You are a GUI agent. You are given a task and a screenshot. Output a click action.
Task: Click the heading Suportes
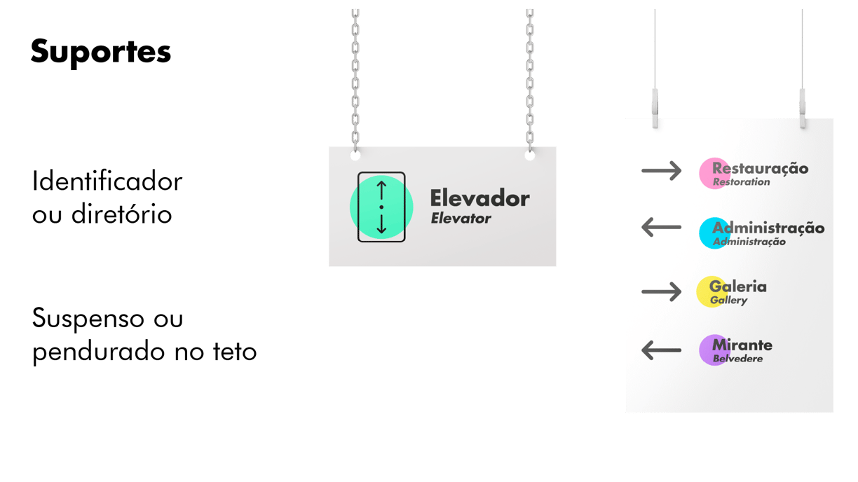(101, 53)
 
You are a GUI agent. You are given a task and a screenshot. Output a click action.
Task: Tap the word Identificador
(107, 182)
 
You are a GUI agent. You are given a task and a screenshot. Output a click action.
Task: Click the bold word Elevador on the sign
(479, 198)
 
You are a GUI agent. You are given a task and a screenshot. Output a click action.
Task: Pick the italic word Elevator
(461, 219)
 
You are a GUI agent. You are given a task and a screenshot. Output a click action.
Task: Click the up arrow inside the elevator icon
(381, 189)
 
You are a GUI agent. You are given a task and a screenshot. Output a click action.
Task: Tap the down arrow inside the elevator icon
(381, 224)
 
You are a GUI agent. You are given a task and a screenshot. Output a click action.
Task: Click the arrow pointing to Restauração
(661, 170)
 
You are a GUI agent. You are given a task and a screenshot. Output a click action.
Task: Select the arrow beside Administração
(661, 227)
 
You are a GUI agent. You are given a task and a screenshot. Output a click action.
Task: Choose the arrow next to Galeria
(661, 291)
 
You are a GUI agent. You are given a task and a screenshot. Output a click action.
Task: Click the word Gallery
(728, 301)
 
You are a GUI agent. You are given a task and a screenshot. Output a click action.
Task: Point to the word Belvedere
(737, 359)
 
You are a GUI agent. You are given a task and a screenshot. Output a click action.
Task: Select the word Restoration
(741, 182)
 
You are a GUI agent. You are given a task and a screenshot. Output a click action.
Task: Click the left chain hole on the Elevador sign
(355, 154)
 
